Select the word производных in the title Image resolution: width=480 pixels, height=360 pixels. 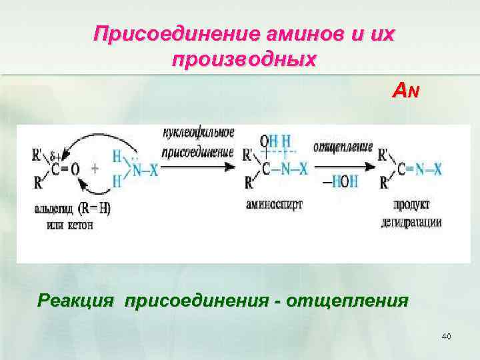click(244, 59)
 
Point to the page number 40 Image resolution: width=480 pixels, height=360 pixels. click(446, 336)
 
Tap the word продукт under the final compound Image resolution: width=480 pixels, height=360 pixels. click(411, 203)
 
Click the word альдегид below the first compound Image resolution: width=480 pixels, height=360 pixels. click(55, 208)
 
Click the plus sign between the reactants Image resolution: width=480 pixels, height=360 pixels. click(94, 169)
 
